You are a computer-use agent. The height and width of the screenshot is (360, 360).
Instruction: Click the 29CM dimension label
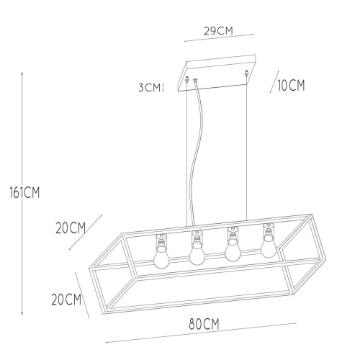pyautogui.click(x=218, y=31)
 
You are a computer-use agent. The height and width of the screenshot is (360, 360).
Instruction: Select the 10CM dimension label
pyautogui.click(x=291, y=86)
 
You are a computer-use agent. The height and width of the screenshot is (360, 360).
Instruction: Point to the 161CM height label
pyautogui.click(x=24, y=192)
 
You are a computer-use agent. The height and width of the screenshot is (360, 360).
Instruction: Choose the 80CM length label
pyautogui.click(x=204, y=324)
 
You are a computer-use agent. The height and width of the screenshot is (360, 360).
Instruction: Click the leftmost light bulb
pyautogui.click(x=161, y=257)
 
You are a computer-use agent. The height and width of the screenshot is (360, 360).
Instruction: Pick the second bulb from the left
pyautogui.click(x=197, y=253)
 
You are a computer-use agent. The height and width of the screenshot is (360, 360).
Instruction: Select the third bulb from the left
pyautogui.click(x=233, y=250)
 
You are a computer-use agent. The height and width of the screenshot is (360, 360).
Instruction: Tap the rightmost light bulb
pyautogui.click(x=269, y=246)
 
